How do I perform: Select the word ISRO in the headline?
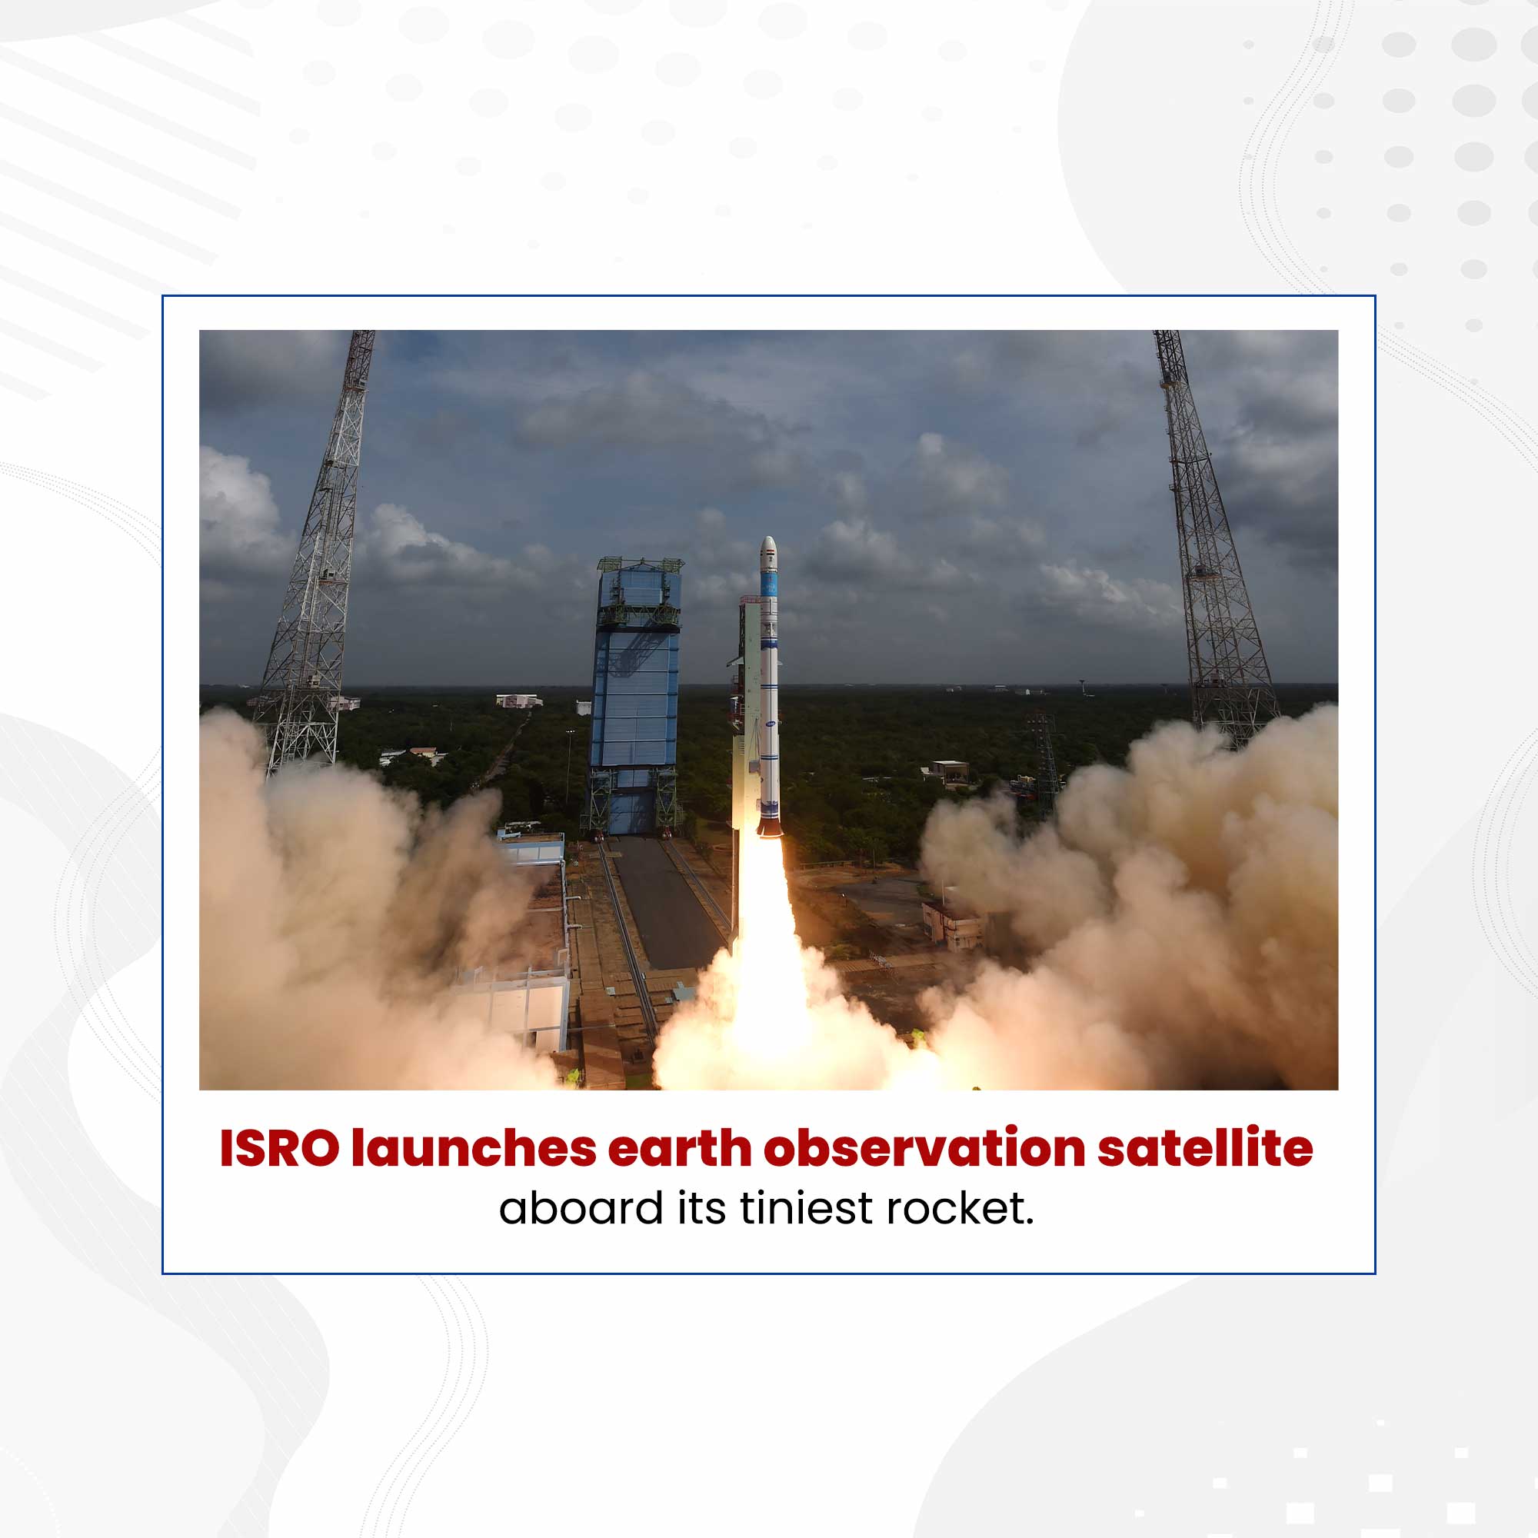tap(278, 1149)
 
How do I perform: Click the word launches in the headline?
tap(474, 1149)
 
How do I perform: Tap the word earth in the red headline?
tap(681, 1149)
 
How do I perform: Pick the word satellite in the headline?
tap(1205, 1149)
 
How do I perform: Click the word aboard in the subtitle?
tap(581, 1208)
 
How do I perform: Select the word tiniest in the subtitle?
tap(806, 1208)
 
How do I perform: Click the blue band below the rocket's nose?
tap(768, 584)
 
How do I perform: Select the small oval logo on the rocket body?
tap(769, 724)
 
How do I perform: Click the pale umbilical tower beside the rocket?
tap(747, 717)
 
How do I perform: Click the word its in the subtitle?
tap(701, 1208)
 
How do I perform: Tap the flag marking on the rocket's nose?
tap(768, 551)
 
